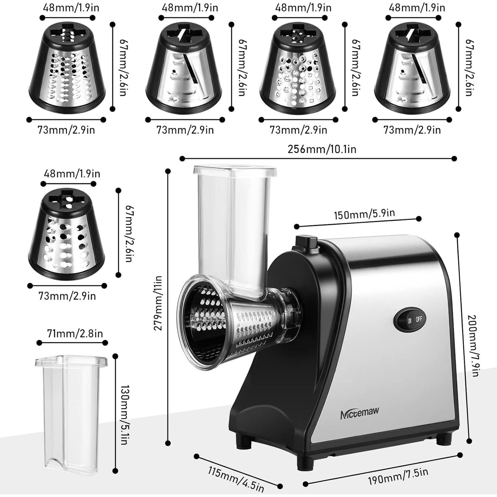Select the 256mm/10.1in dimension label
coord(322,149)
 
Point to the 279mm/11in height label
coord(158,303)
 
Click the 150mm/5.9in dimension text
coord(364,214)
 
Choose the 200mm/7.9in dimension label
coord(472,346)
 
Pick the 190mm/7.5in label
coord(398,476)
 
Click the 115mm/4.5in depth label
coord(236,479)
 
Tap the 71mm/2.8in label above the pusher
coord(75,333)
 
